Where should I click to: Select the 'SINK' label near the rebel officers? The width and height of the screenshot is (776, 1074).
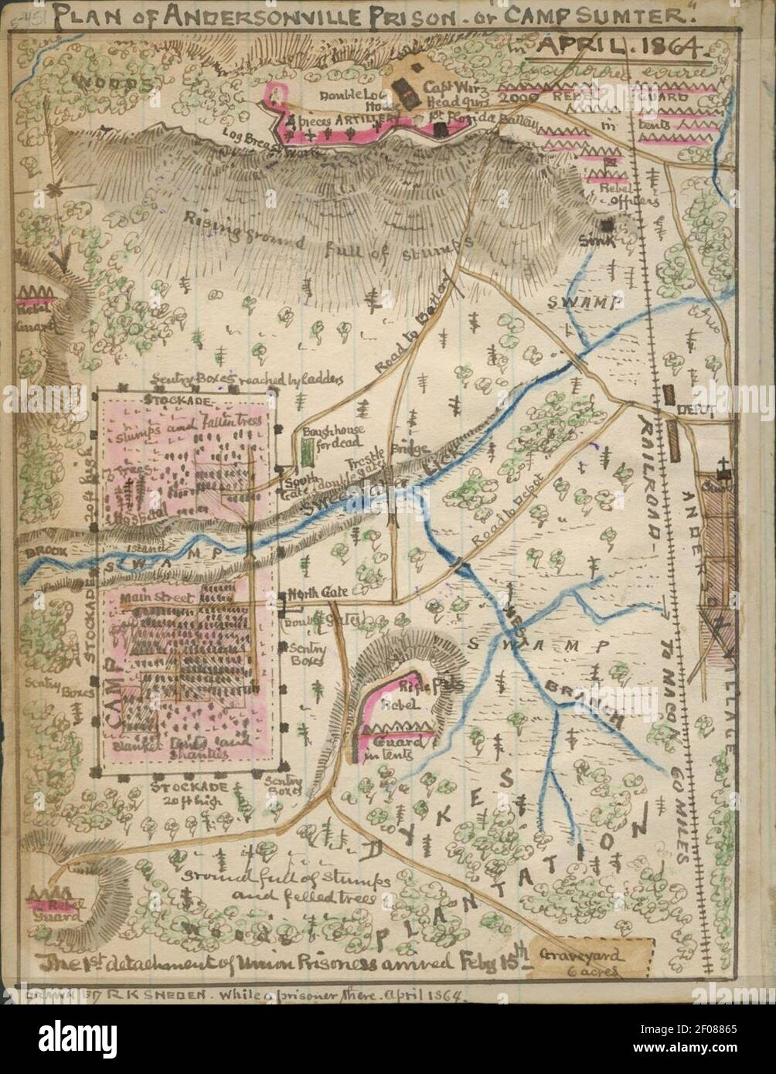(600, 240)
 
